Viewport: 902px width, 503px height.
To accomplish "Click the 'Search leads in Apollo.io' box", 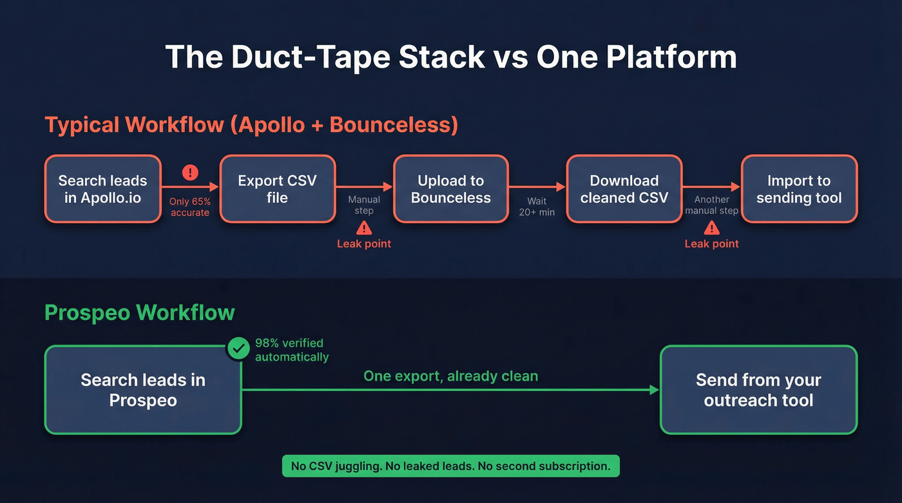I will (x=102, y=189).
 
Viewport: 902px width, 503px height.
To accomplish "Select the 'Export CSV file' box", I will (x=277, y=189).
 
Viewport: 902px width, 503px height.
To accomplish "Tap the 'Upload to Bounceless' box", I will (x=450, y=189).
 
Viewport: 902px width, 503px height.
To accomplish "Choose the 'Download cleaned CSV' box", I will (x=624, y=189).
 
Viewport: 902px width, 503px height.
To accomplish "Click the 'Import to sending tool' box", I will (x=799, y=189).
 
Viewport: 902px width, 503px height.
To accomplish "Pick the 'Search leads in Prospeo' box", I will (x=142, y=390).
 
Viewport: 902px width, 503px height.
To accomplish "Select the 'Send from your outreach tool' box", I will (x=758, y=390).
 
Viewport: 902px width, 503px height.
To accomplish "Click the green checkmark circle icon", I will (x=238, y=349).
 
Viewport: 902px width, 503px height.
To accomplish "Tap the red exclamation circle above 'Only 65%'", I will (x=190, y=173).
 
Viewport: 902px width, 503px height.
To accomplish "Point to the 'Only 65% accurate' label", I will (x=190, y=207).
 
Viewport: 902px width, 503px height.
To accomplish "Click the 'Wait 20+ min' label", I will (x=537, y=206).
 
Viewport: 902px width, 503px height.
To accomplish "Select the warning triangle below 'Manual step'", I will (x=364, y=227).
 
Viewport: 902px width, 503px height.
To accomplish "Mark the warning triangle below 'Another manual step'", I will (x=711, y=227).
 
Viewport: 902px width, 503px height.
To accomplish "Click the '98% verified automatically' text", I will (x=291, y=350).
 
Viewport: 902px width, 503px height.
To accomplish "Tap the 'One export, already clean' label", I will (x=450, y=376).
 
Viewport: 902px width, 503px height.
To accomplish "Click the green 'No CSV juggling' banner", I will (x=450, y=466).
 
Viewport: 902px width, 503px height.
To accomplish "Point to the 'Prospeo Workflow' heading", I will (x=140, y=313).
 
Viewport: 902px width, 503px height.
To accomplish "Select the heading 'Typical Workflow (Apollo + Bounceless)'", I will (x=251, y=125).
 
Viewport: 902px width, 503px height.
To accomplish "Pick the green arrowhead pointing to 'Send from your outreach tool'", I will (x=655, y=390).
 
